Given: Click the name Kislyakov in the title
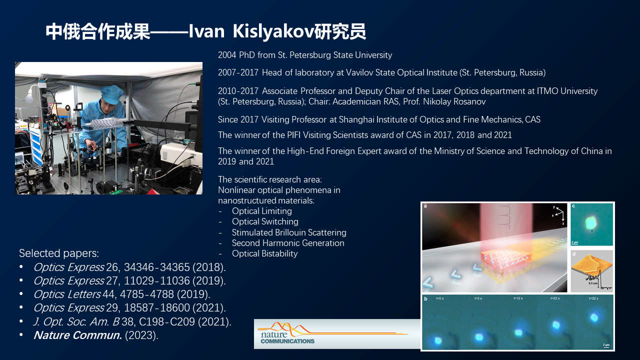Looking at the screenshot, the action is click(273, 31).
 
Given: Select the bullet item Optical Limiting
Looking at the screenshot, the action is click(261, 211).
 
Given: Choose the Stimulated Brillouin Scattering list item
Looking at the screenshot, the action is click(289, 232).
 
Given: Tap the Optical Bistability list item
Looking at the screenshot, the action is click(264, 253).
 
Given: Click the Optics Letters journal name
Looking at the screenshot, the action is click(67, 294).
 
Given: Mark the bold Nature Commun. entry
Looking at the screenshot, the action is click(77, 335).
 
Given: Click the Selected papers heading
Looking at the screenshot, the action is click(59, 253).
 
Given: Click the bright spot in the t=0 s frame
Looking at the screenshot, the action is click(438, 340).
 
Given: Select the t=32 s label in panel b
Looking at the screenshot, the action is click(593, 298).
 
